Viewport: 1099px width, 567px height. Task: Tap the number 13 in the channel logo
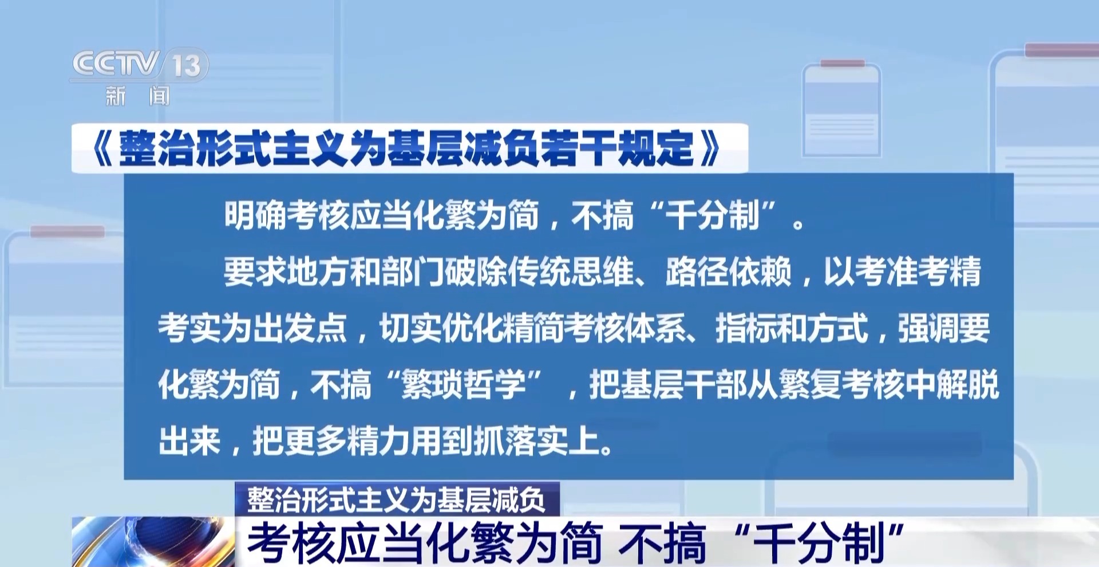(x=187, y=65)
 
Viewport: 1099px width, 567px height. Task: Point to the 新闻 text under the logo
(x=137, y=96)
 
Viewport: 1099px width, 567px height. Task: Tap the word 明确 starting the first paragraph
(x=255, y=215)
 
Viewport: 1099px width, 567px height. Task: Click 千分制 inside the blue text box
(x=712, y=215)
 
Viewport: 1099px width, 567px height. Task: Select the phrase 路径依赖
(x=728, y=271)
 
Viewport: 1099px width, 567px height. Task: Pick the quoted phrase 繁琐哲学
(x=464, y=384)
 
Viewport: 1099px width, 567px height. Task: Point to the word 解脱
(x=967, y=384)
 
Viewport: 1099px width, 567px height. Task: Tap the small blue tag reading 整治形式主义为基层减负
(x=397, y=499)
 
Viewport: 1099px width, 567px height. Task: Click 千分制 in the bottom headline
(x=820, y=542)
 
